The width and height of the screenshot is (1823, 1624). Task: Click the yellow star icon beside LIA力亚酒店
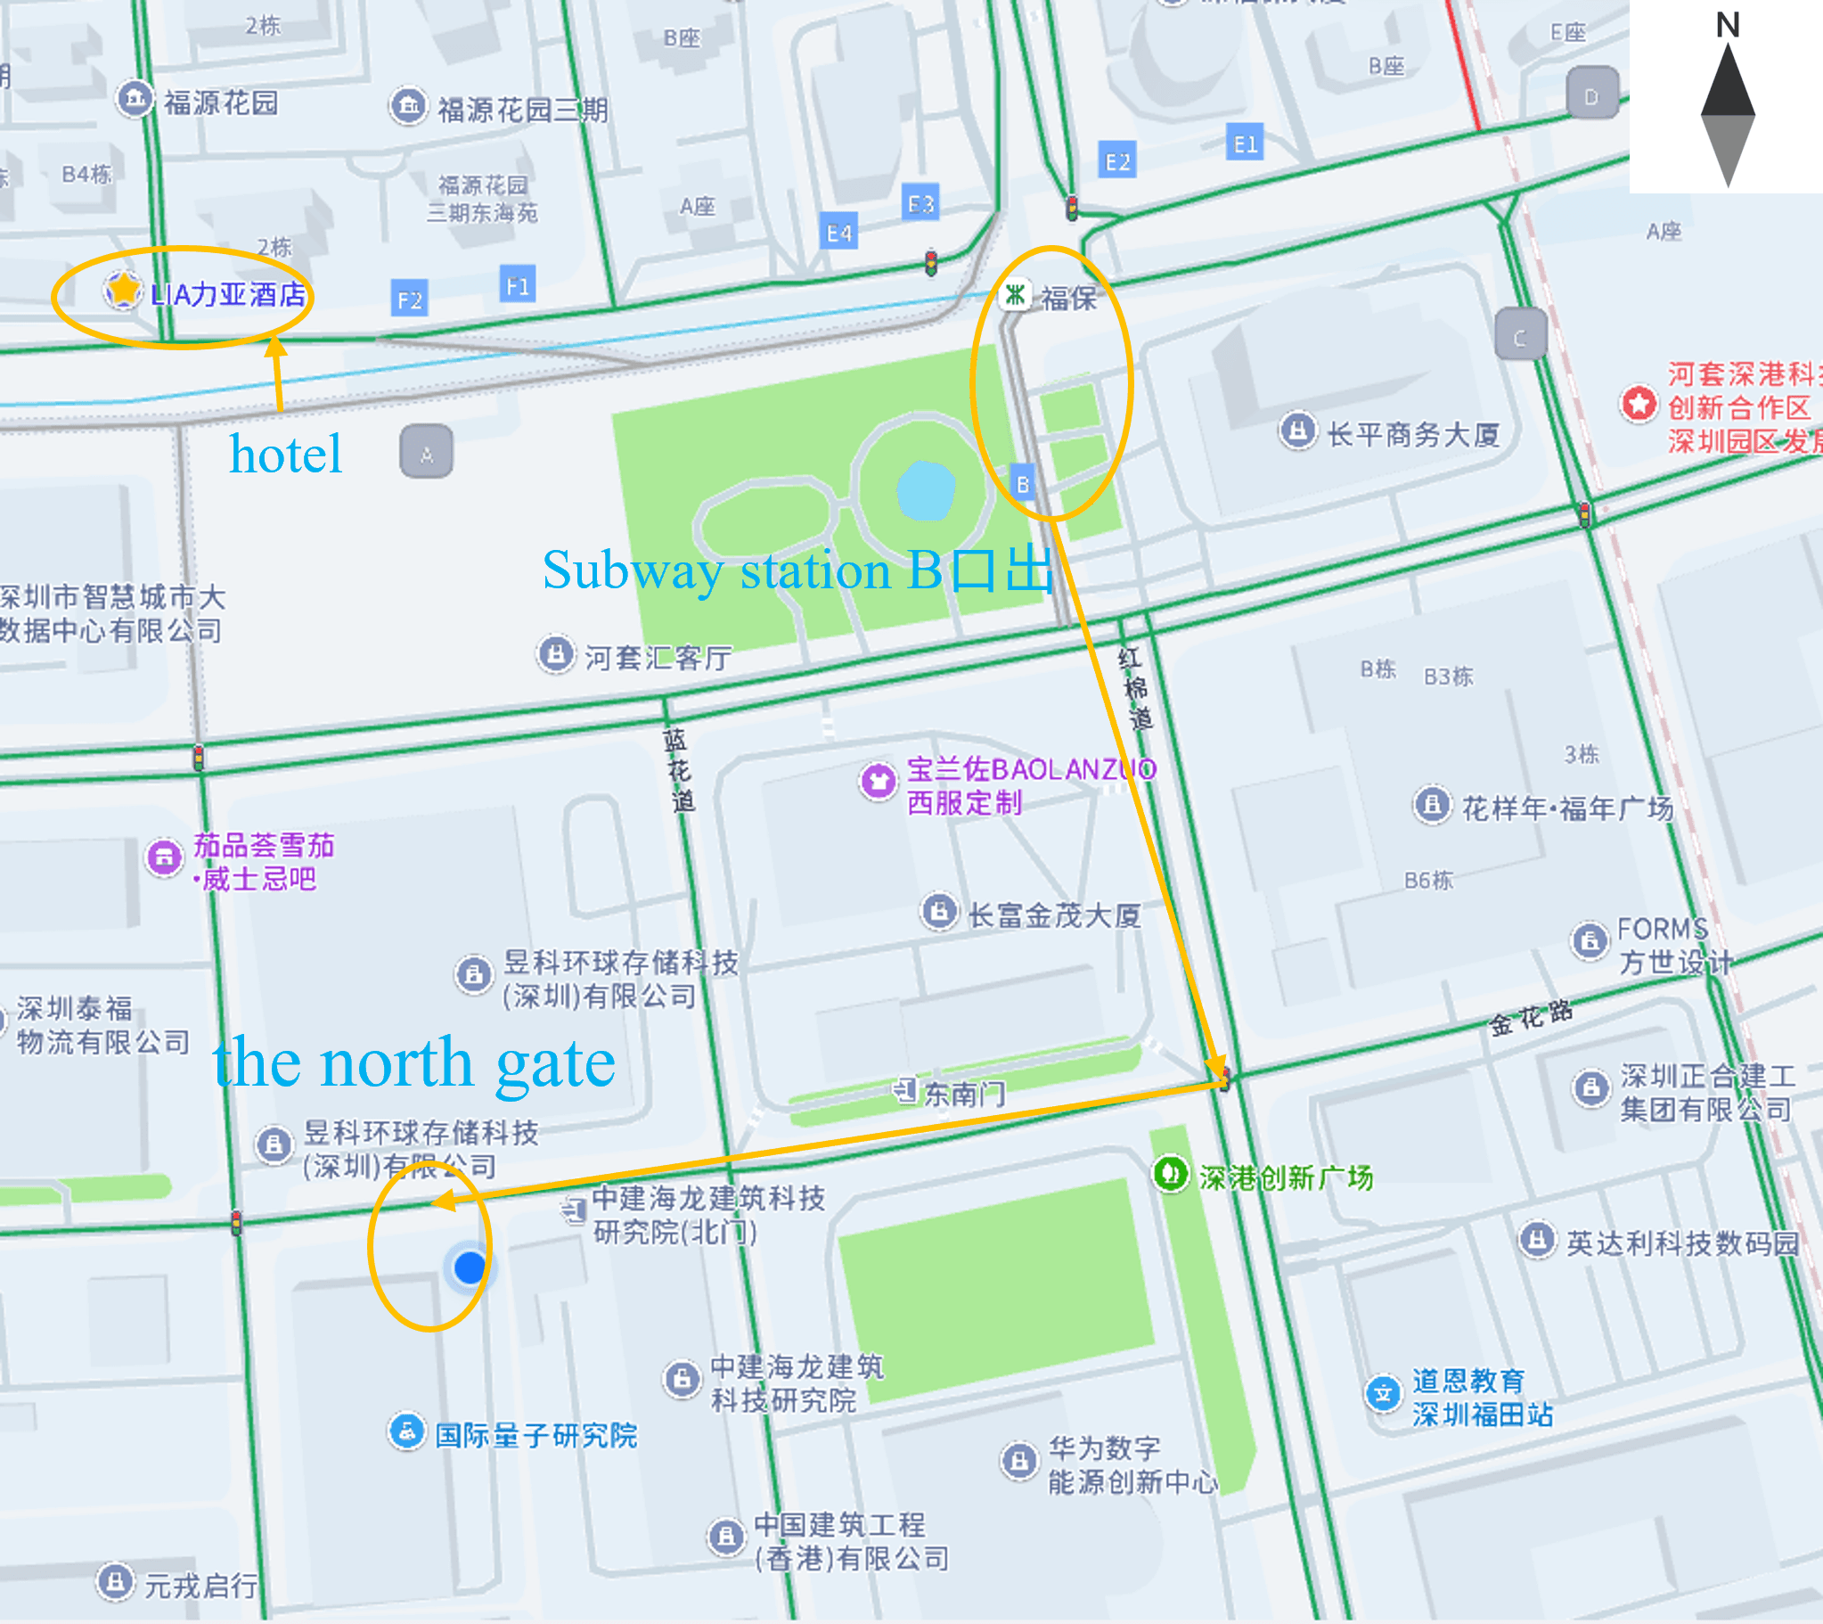pyautogui.click(x=122, y=290)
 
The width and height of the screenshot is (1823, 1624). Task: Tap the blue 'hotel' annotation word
pyautogui.click(x=285, y=455)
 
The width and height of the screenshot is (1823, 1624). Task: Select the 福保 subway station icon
pyautogui.click(x=1014, y=294)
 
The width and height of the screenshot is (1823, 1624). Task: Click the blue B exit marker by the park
pyautogui.click(x=1022, y=485)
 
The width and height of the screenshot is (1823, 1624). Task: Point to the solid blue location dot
pyautogui.click(x=470, y=1267)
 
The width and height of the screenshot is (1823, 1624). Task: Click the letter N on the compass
pyautogui.click(x=1728, y=25)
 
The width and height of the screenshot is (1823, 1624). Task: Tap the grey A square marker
pyautogui.click(x=426, y=453)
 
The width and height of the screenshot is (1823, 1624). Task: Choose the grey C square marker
pyautogui.click(x=1520, y=335)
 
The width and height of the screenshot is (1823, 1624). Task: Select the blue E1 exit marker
pyautogui.click(x=1245, y=144)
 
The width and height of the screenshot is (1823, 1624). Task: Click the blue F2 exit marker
pyautogui.click(x=409, y=299)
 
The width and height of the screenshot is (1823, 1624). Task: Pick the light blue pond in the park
pyautogui.click(x=926, y=490)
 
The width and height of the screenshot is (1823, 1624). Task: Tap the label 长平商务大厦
pyautogui.click(x=1413, y=435)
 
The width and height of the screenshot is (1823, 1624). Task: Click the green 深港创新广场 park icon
pyautogui.click(x=1171, y=1173)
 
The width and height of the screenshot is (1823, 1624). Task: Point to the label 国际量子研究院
pyautogui.click(x=536, y=1435)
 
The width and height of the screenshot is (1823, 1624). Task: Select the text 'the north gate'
pyautogui.click(x=413, y=1063)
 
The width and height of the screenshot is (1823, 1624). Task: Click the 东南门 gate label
pyautogui.click(x=963, y=1093)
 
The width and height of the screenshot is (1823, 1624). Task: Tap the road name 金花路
pyautogui.click(x=1531, y=1017)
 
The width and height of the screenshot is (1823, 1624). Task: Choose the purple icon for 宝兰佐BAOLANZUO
pyautogui.click(x=878, y=782)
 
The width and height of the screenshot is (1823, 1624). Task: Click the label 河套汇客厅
pyautogui.click(x=658, y=658)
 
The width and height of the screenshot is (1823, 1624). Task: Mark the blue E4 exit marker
pyautogui.click(x=839, y=234)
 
